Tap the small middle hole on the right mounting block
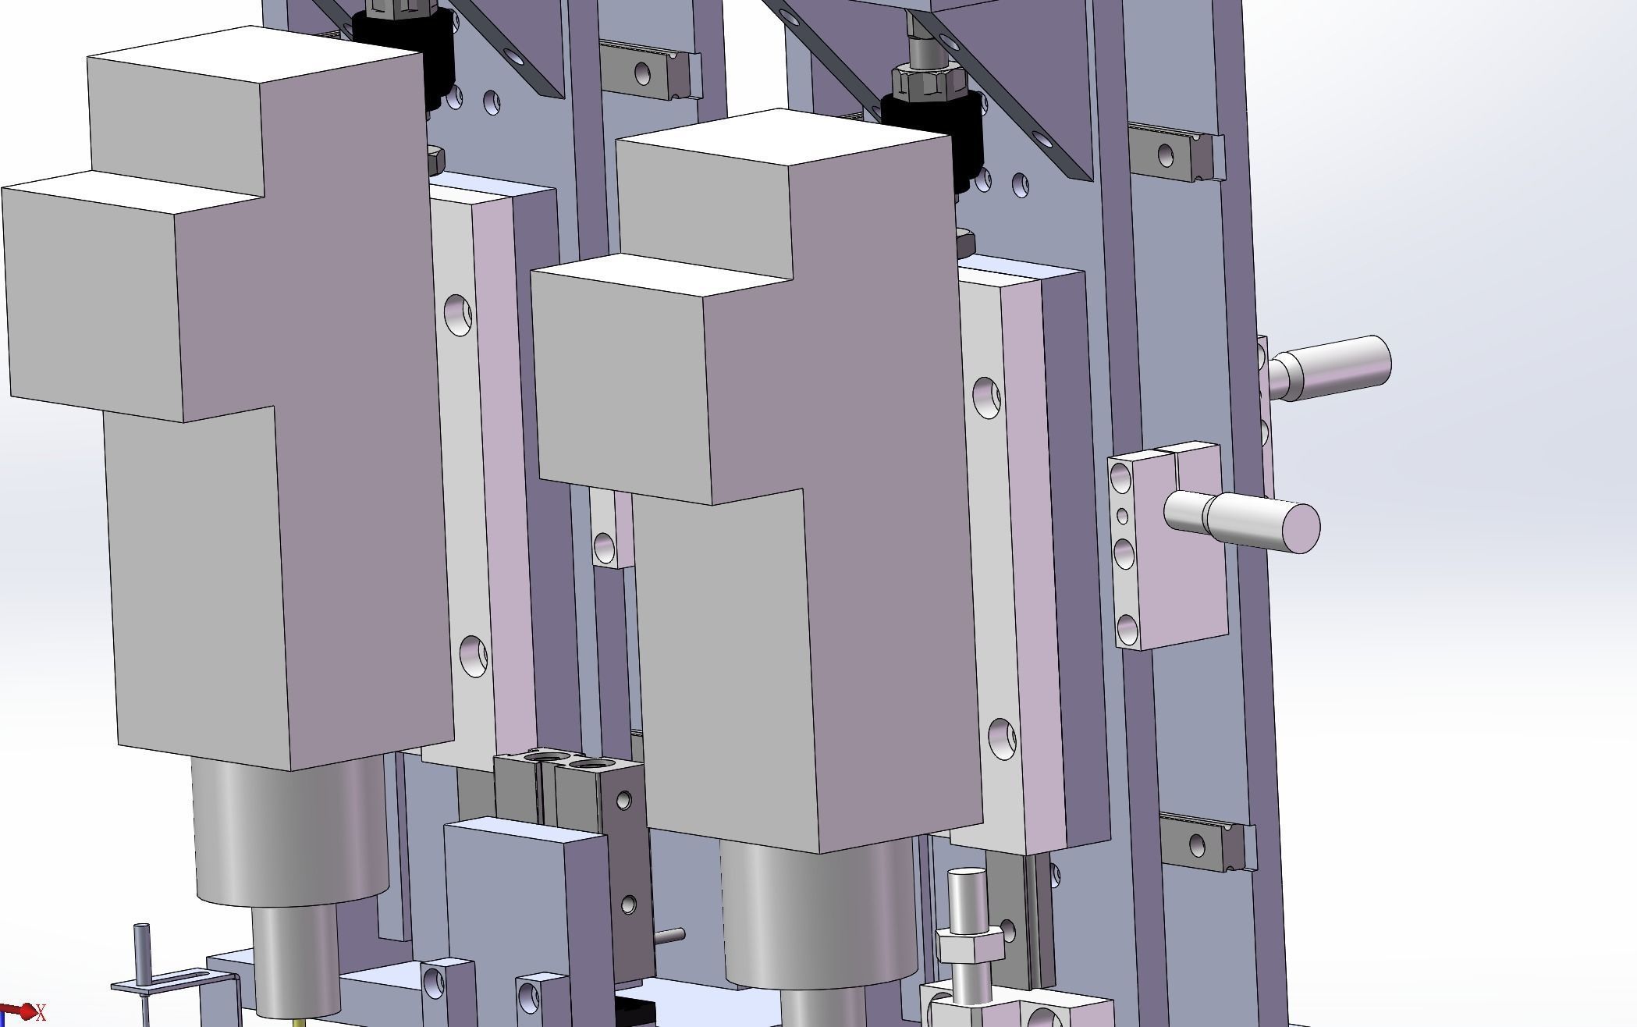pyautogui.click(x=1123, y=515)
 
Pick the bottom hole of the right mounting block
pyautogui.click(x=1127, y=628)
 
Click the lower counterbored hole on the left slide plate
pyautogui.click(x=473, y=655)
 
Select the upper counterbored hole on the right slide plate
pyautogui.click(x=986, y=397)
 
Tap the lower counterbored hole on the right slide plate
pyautogui.click(x=1002, y=738)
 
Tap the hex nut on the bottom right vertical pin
pyautogui.click(x=970, y=946)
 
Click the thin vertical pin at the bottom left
pyautogui.click(x=142, y=956)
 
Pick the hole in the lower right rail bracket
pyautogui.click(x=1197, y=844)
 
